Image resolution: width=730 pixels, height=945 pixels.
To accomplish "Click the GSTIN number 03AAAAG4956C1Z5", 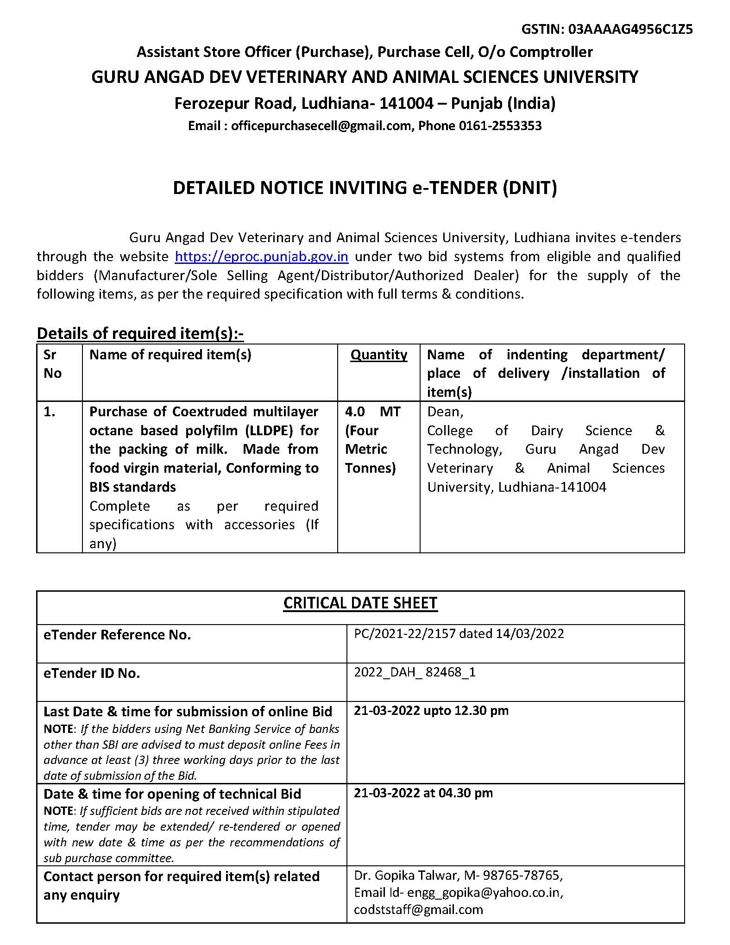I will pyautogui.click(x=630, y=29).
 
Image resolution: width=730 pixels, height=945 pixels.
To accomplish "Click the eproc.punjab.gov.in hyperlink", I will pyautogui.click(x=261, y=257).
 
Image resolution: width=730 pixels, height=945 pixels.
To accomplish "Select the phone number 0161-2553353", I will pyautogui.click(x=500, y=125).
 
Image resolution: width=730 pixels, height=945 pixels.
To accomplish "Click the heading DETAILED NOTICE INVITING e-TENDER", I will pyautogui.click(x=365, y=188).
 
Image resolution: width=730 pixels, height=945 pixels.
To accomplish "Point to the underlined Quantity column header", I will pyautogui.click(x=378, y=355).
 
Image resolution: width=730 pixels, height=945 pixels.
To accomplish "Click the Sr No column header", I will pyautogui.click(x=52, y=364).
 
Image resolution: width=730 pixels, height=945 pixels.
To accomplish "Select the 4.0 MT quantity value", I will pyautogui.click(x=372, y=412).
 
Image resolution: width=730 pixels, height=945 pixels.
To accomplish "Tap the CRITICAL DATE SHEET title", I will pyautogui.click(x=360, y=603).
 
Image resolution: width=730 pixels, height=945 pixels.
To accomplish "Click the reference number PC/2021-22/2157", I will pyautogui.click(x=398, y=633).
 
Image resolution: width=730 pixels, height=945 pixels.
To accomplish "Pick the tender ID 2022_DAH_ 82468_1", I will pyautogui.click(x=415, y=672).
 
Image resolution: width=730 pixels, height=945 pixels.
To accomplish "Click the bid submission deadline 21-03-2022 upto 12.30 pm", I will pyautogui.click(x=431, y=710).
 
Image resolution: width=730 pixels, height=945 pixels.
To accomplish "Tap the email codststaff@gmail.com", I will pyautogui.click(x=418, y=909).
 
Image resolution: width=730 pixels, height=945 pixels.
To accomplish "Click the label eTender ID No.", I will pyautogui.click(x=92, y=673).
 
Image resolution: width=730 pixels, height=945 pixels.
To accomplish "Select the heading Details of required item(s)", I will pyautogui.click(x=140, y=333).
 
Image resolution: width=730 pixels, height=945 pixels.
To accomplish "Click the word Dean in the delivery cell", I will pyautogui.click(x=443, y=412).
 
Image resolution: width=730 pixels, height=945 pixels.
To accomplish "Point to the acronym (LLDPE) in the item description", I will pyautogui.click(x=269, y=431).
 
